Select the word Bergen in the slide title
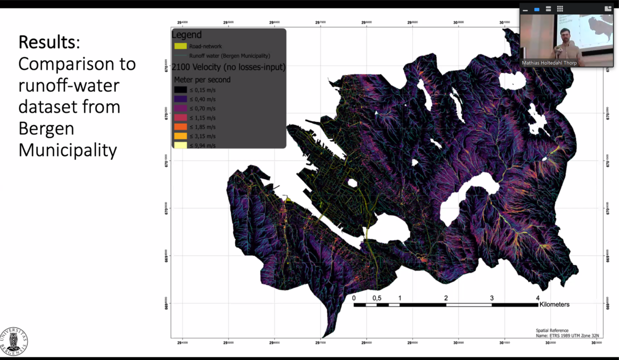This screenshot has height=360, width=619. point(46,128)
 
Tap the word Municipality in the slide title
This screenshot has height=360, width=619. point(68,150)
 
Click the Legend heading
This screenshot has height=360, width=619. point(187,35)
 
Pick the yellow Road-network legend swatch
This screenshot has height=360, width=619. point(180,46)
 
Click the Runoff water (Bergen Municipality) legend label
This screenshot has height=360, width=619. point(229,56)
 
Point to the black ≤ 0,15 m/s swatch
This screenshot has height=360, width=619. point(180,90)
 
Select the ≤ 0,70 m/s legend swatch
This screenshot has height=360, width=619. point(180,108)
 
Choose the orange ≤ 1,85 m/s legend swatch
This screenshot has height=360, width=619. point(180,127)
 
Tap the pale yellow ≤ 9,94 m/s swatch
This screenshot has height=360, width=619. point(180,145)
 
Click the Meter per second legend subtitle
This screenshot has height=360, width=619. point(202,80)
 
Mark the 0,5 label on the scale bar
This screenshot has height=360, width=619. point(377,298)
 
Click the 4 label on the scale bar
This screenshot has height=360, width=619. point(537,298)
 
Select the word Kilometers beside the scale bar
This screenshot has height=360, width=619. point(554,305)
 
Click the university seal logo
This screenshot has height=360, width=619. point(14,342)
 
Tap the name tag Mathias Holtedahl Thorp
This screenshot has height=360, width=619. point(549,63)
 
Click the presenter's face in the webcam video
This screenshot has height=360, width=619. point(565,35)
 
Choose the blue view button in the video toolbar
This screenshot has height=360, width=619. point(537,9)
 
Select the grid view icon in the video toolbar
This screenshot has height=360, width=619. point(560,9)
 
